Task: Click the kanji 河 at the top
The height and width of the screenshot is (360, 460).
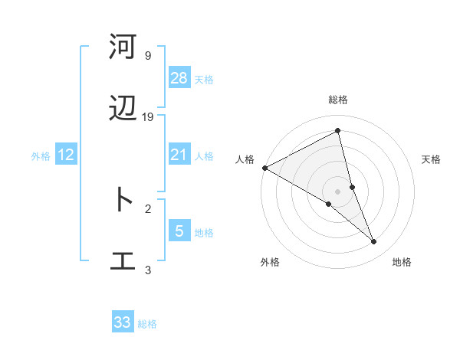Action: pyautogui.click(x=123, y=47)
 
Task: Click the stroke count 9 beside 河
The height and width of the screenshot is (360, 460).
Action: pyautogui.click(x=147, y=56)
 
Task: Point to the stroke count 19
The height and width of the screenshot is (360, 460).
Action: pyautogui.click(x=148, y=117)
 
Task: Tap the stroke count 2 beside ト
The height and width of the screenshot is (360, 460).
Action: pyautogui.click(x=148, y=208)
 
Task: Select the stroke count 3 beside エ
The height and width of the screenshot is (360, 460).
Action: pyautogui.click(x=148, y=270)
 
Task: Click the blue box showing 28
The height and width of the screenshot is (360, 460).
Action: pyautogui.click(x=179, y=78)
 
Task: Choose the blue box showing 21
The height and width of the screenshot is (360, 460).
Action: pyautogui.click(x=179, y=155)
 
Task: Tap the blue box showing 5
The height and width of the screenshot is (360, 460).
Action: pyautogui.click(x=179, y=231)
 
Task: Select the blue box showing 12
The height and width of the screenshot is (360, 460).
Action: pyautogui.click(x=66, y=155)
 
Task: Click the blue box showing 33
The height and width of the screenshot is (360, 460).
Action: pyautogui.click(x=123, y=322)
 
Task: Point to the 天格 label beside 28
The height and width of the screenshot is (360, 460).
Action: pyautogui.click(x=204, y=79)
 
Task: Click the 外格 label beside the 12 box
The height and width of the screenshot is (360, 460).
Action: pyautogui.click(x=41, y=156)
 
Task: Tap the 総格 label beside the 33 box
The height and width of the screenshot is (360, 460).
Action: pyautogui.click(x=147, y=324)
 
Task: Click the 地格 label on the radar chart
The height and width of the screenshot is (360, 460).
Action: pyautogui.click(x=402, y=262)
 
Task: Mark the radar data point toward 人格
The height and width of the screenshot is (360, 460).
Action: pyautogui.click(x=264, y=168)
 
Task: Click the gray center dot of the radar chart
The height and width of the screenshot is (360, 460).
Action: pyautogui.click(x=337, y=190)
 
